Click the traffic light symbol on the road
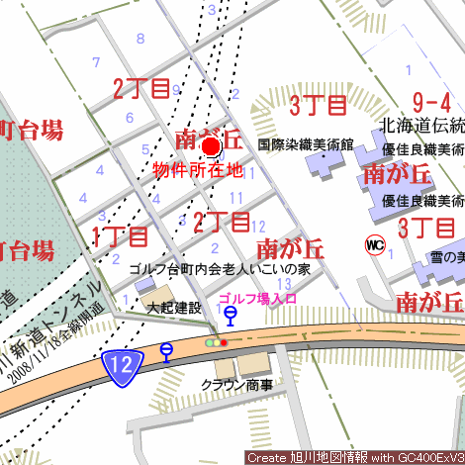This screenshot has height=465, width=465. coord(217,342)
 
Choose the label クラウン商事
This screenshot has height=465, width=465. coord(236,385)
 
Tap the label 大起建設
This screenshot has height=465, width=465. coord(172,309)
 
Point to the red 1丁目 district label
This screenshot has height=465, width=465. coord(120,236)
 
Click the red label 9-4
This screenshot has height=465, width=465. coord(431,102)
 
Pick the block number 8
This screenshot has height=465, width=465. coord(140,39)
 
